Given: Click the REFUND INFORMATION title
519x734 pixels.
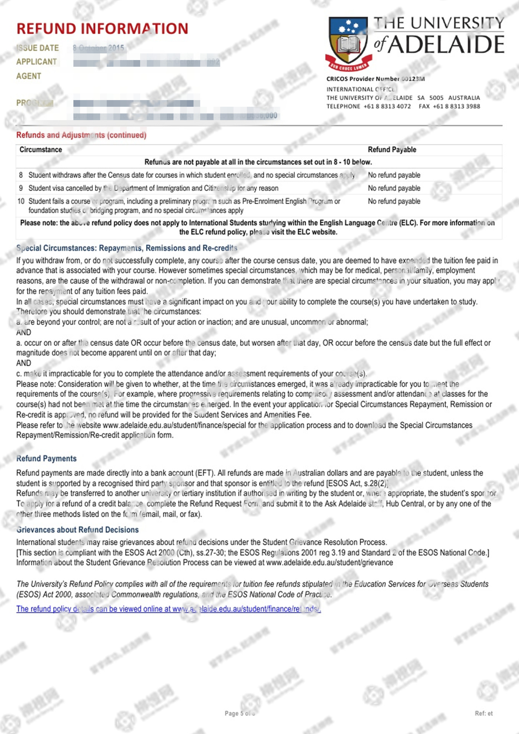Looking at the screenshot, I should [102, 29].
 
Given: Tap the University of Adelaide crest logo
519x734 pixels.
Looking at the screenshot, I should [348, 43].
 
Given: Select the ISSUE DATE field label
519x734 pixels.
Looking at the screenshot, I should [37, 48].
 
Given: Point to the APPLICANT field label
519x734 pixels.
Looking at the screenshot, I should [36, 62].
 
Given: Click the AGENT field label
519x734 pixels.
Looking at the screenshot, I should [29, 76].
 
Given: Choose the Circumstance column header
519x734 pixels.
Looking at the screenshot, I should [41, 150].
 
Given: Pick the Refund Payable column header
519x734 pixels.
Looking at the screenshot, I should [392, 150].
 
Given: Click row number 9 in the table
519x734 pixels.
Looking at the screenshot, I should [21, 188].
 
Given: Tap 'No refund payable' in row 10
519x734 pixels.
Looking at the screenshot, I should [394, 201].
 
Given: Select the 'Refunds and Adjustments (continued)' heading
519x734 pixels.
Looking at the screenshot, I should [81, 135].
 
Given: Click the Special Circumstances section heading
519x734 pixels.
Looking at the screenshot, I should [126, 248].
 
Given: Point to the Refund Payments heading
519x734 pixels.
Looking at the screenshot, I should [46, 459].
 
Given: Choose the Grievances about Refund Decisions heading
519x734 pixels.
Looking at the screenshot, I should [77, 530].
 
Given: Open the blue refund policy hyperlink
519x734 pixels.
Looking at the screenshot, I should [168, 609].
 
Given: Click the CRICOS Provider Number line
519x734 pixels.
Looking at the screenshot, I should [376, 79].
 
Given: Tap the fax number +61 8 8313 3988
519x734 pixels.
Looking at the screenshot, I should [456, 106].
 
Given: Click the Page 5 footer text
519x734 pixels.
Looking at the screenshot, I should [239, 713].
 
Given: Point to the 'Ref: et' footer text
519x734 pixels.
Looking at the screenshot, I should [484, 713].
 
